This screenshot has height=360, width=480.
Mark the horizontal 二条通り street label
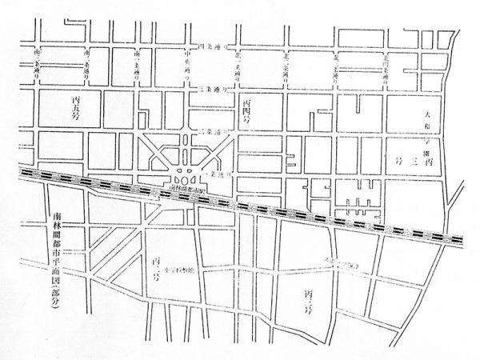tap(216, 130)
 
